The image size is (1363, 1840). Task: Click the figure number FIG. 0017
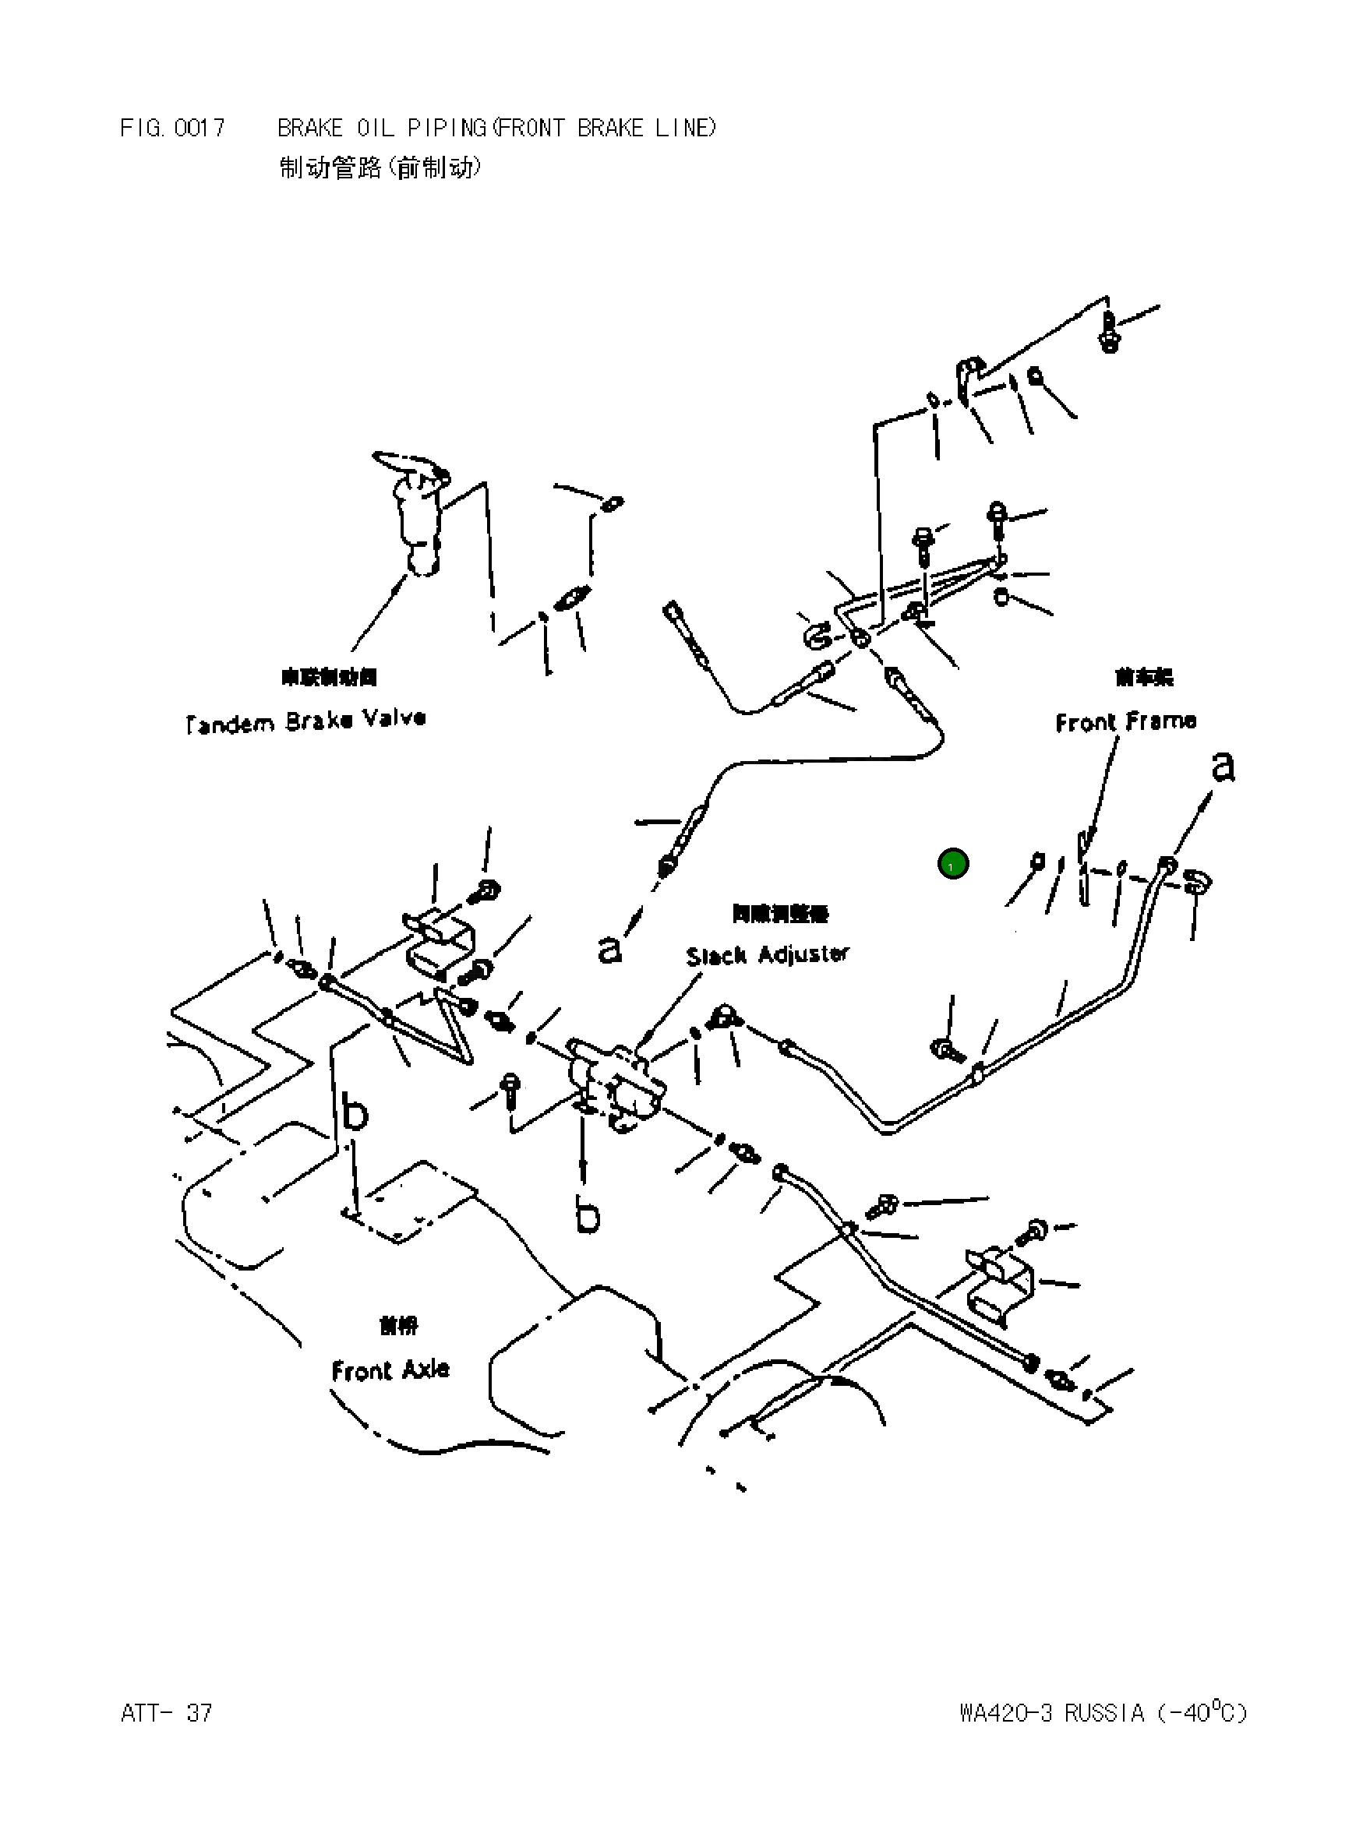pos(172,129)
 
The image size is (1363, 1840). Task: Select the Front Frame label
pos(1125,721)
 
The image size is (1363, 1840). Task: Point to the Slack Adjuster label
pos(767,955)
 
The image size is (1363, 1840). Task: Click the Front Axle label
pos(390,1370)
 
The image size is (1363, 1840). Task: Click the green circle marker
pos(953,865)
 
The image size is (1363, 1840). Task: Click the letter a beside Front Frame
pos(1223,767)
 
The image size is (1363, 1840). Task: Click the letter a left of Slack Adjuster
pos(609,950)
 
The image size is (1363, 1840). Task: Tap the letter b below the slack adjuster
pos(588,1216)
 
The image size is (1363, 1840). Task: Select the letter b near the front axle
pos(355,1112)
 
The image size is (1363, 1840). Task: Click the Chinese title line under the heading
pos(380,168)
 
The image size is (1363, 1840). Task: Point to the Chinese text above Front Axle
pos(398,1325)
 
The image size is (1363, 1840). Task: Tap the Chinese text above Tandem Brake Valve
pos(329,677)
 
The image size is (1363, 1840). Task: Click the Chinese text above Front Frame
pos(1143,677)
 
